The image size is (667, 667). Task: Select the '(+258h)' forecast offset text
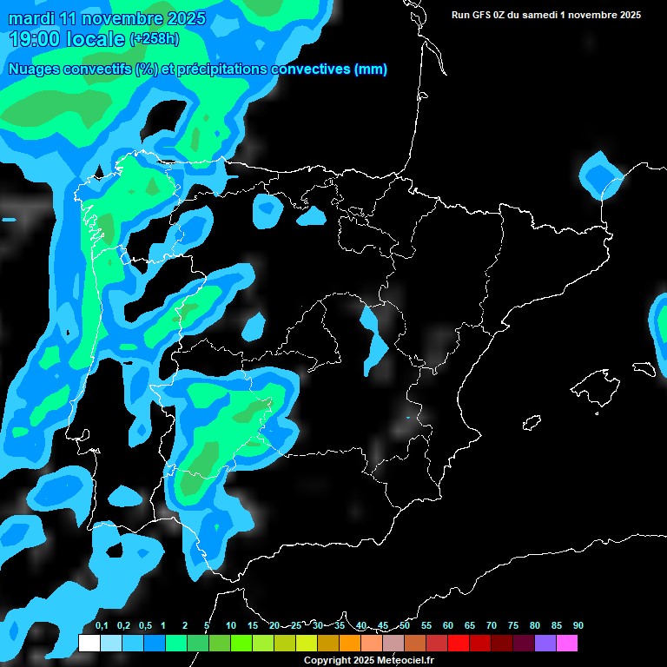tap(155, 39)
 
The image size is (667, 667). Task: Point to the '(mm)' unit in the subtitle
tap(370, 69)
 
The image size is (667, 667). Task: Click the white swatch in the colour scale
tap(89, 643)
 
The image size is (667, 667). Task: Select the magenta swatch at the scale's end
tap(567, 643)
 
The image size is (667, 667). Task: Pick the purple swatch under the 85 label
tap(545, 643)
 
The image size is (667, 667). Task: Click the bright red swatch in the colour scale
tap(459, 643)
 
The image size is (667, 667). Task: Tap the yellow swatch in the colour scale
tap(306, 643)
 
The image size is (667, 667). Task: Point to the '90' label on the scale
tap(578, 625)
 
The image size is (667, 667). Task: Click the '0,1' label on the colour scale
tap(101, 625)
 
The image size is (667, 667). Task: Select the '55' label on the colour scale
tap(426, 625)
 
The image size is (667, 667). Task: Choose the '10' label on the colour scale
tap(230, 625)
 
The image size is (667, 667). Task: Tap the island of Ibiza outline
tap(532, 423)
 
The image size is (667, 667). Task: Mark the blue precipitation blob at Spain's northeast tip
tap(600, 175)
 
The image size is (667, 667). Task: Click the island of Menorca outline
tap(644, 367)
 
